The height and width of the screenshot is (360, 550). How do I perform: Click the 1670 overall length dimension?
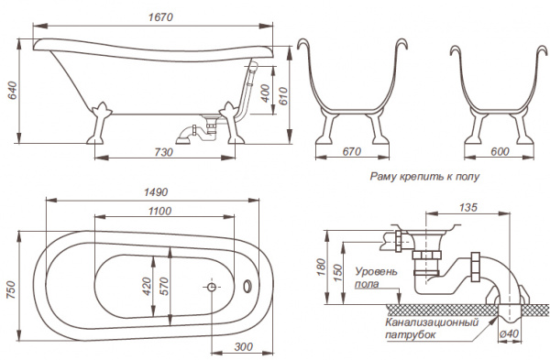(160, 16)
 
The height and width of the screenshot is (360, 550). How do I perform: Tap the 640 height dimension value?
(13, 91)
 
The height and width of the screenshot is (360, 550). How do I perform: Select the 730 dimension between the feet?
(164, 152)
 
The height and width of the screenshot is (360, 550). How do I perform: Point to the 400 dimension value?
(266, 93)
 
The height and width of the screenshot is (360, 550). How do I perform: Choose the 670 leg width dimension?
(351, 151)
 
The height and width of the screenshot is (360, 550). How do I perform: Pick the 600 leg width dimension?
(500, 151)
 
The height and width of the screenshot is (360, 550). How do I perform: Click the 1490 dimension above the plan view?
(156, 192)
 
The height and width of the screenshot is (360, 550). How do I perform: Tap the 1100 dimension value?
(159, 211)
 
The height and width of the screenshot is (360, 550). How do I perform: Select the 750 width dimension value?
(13, 289)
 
